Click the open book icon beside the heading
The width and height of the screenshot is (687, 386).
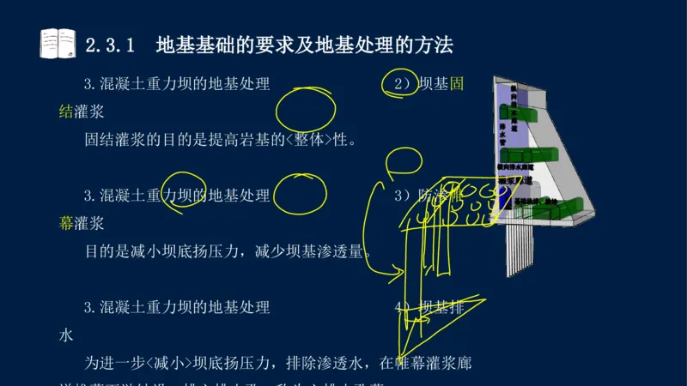[x=58, y=43]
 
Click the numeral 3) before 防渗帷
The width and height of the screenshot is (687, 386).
[x=402, y=196]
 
